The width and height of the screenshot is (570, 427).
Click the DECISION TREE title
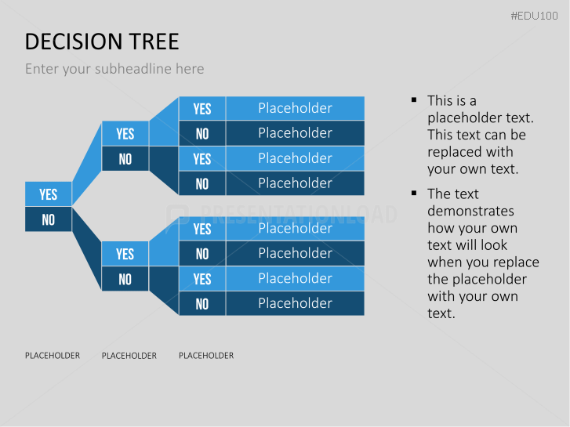pos(102,42)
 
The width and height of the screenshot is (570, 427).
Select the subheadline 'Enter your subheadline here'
pos(114,69)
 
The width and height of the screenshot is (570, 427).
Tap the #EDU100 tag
pos(534,16)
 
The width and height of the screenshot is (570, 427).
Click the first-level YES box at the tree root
pos(48,194)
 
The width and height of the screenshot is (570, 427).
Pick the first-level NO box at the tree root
pos(48,219)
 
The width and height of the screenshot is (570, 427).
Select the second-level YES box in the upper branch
pos(125,134)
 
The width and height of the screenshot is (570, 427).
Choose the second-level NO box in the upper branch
pos(125,159)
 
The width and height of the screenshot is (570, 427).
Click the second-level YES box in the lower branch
pos(125,254)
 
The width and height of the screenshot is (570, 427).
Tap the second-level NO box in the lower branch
pos(125,279)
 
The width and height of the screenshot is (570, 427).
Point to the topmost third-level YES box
pos(202,109)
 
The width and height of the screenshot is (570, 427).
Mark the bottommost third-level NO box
pos(202,304)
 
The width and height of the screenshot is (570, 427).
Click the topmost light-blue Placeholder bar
pos(295,108)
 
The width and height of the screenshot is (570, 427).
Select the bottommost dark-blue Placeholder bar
pos(295,303)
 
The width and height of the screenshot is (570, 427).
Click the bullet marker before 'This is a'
pos(413,100)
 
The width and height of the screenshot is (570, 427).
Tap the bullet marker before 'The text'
pos(413,194)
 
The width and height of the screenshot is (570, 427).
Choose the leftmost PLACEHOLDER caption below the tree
pos(53,356)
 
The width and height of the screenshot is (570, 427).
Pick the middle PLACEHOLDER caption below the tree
pos(129,356)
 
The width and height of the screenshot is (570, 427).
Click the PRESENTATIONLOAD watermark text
pos(290,213)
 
